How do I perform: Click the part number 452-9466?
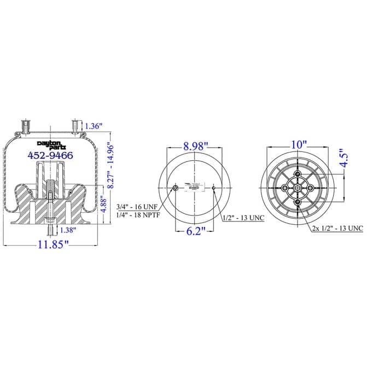coord(50,155)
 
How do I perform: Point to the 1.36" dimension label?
coord(94,126)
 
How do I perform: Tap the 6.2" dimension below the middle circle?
coord(195,232)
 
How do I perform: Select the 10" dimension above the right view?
coord(299,145)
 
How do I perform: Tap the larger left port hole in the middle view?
coord(175,189)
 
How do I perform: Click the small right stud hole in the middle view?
coord(214,189)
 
